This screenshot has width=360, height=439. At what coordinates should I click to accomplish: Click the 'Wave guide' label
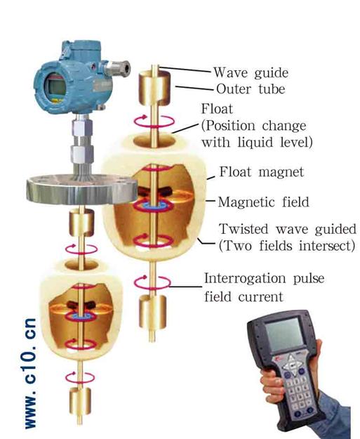point(251,72)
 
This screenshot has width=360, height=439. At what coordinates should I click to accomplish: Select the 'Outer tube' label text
point(251,89)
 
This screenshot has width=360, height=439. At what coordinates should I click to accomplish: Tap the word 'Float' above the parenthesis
point(217,109)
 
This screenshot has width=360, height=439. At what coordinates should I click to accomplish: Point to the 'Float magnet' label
point(262,171)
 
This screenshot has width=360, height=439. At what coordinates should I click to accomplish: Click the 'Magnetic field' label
point(263,202)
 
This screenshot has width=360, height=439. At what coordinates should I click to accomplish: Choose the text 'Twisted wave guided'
point(288,230)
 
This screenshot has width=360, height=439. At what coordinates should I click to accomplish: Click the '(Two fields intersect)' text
point(287,246)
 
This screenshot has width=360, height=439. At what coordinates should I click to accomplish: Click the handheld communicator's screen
point(284,334)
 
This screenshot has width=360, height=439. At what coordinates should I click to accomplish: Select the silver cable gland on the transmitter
point(117,67)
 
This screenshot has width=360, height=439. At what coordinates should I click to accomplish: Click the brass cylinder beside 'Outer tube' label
point(154,88)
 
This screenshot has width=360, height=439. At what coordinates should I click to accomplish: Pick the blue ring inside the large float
point(153,206)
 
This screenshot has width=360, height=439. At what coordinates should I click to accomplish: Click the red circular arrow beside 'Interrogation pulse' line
point(152,282)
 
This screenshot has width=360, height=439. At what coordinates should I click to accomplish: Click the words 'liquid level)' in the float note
point(275,142)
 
